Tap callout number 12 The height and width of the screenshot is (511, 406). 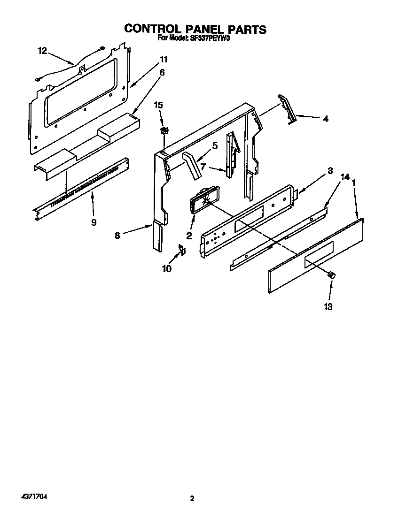click(x=42, y=51)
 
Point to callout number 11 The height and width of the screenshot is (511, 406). click(x=163, y=60)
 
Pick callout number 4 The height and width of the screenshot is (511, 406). click(x=325, y=119)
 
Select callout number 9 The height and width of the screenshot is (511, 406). click(x=94, y=222)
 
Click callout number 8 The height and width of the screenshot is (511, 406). click(x=117, y=236)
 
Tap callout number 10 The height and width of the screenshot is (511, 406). click(x=167, y=268)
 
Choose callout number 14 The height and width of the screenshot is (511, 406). click(x=345, y=177)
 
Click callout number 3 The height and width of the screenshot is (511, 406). click(x=330, y=171)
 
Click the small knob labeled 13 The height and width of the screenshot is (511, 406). click(x=332, y=275)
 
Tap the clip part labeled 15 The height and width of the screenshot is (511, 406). click(x=163, y=129)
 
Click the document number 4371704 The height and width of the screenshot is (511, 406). click(x=34, y=496)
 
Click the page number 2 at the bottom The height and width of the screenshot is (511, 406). click(x=192, y=498)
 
